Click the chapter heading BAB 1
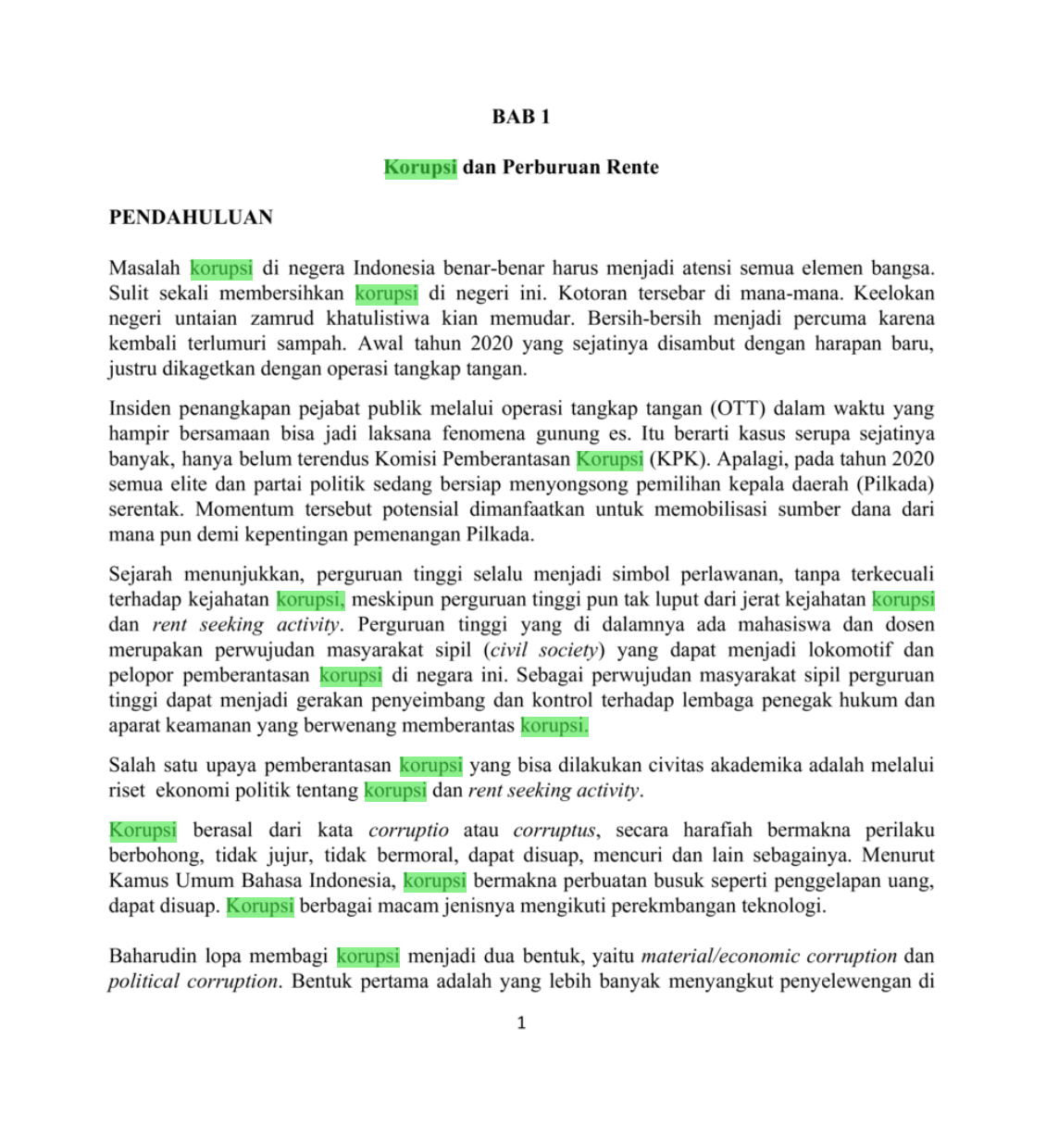[x=521, y=117]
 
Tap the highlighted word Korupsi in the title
[x=420, y=168]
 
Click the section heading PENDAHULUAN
[x=191, y=218]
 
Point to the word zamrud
[x=281, y=319]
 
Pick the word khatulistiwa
[x=377, y=319]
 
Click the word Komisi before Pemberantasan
[x=405, y=459]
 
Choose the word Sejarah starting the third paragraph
[x=141, y=574]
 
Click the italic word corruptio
[x=408, y=831]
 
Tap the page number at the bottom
[x=521, y=1023]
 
